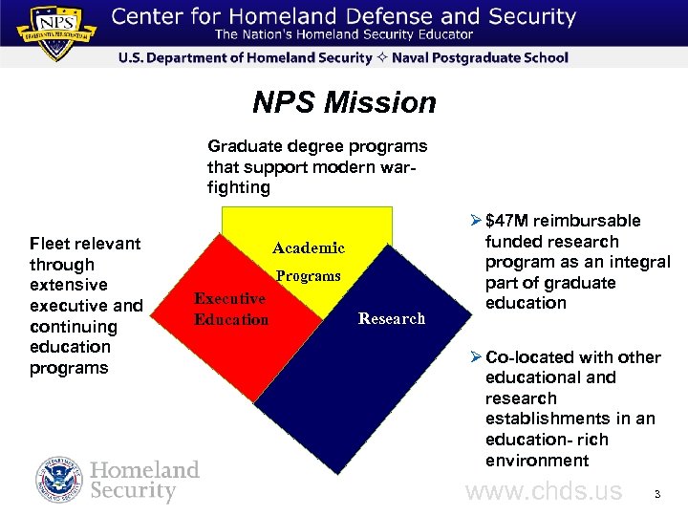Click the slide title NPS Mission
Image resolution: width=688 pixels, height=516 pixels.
pyautogui.click(x=344, y=102)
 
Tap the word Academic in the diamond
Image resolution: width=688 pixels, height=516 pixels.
pyautogui.click(x=308, y=248)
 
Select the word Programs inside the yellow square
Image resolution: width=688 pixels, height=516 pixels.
pyautogui.click(x=308, y=276)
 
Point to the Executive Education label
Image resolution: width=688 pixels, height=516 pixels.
pyautogui.click(x=230, y=309)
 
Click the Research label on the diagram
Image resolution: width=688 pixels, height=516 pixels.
pyautogui.click(x=392, y=319)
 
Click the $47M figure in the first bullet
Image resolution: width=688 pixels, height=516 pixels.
pyautogui.click(x=507, y=222)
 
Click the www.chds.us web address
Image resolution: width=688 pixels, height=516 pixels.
pyautogui.click(x=543, y=492)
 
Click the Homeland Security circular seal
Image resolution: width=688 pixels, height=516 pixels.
pyautogui.click(x=59, y=481)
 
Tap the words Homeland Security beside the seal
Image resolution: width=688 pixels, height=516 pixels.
pyautogui.click(x=144, y=481)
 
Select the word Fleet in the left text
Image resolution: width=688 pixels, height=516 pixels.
pyautogui.click(x=49, y=244)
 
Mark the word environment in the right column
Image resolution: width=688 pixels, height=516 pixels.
pyautogui.click(x=537, y=461)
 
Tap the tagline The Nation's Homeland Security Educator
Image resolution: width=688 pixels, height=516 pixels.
pyautogui.click(x=343, y=35)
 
